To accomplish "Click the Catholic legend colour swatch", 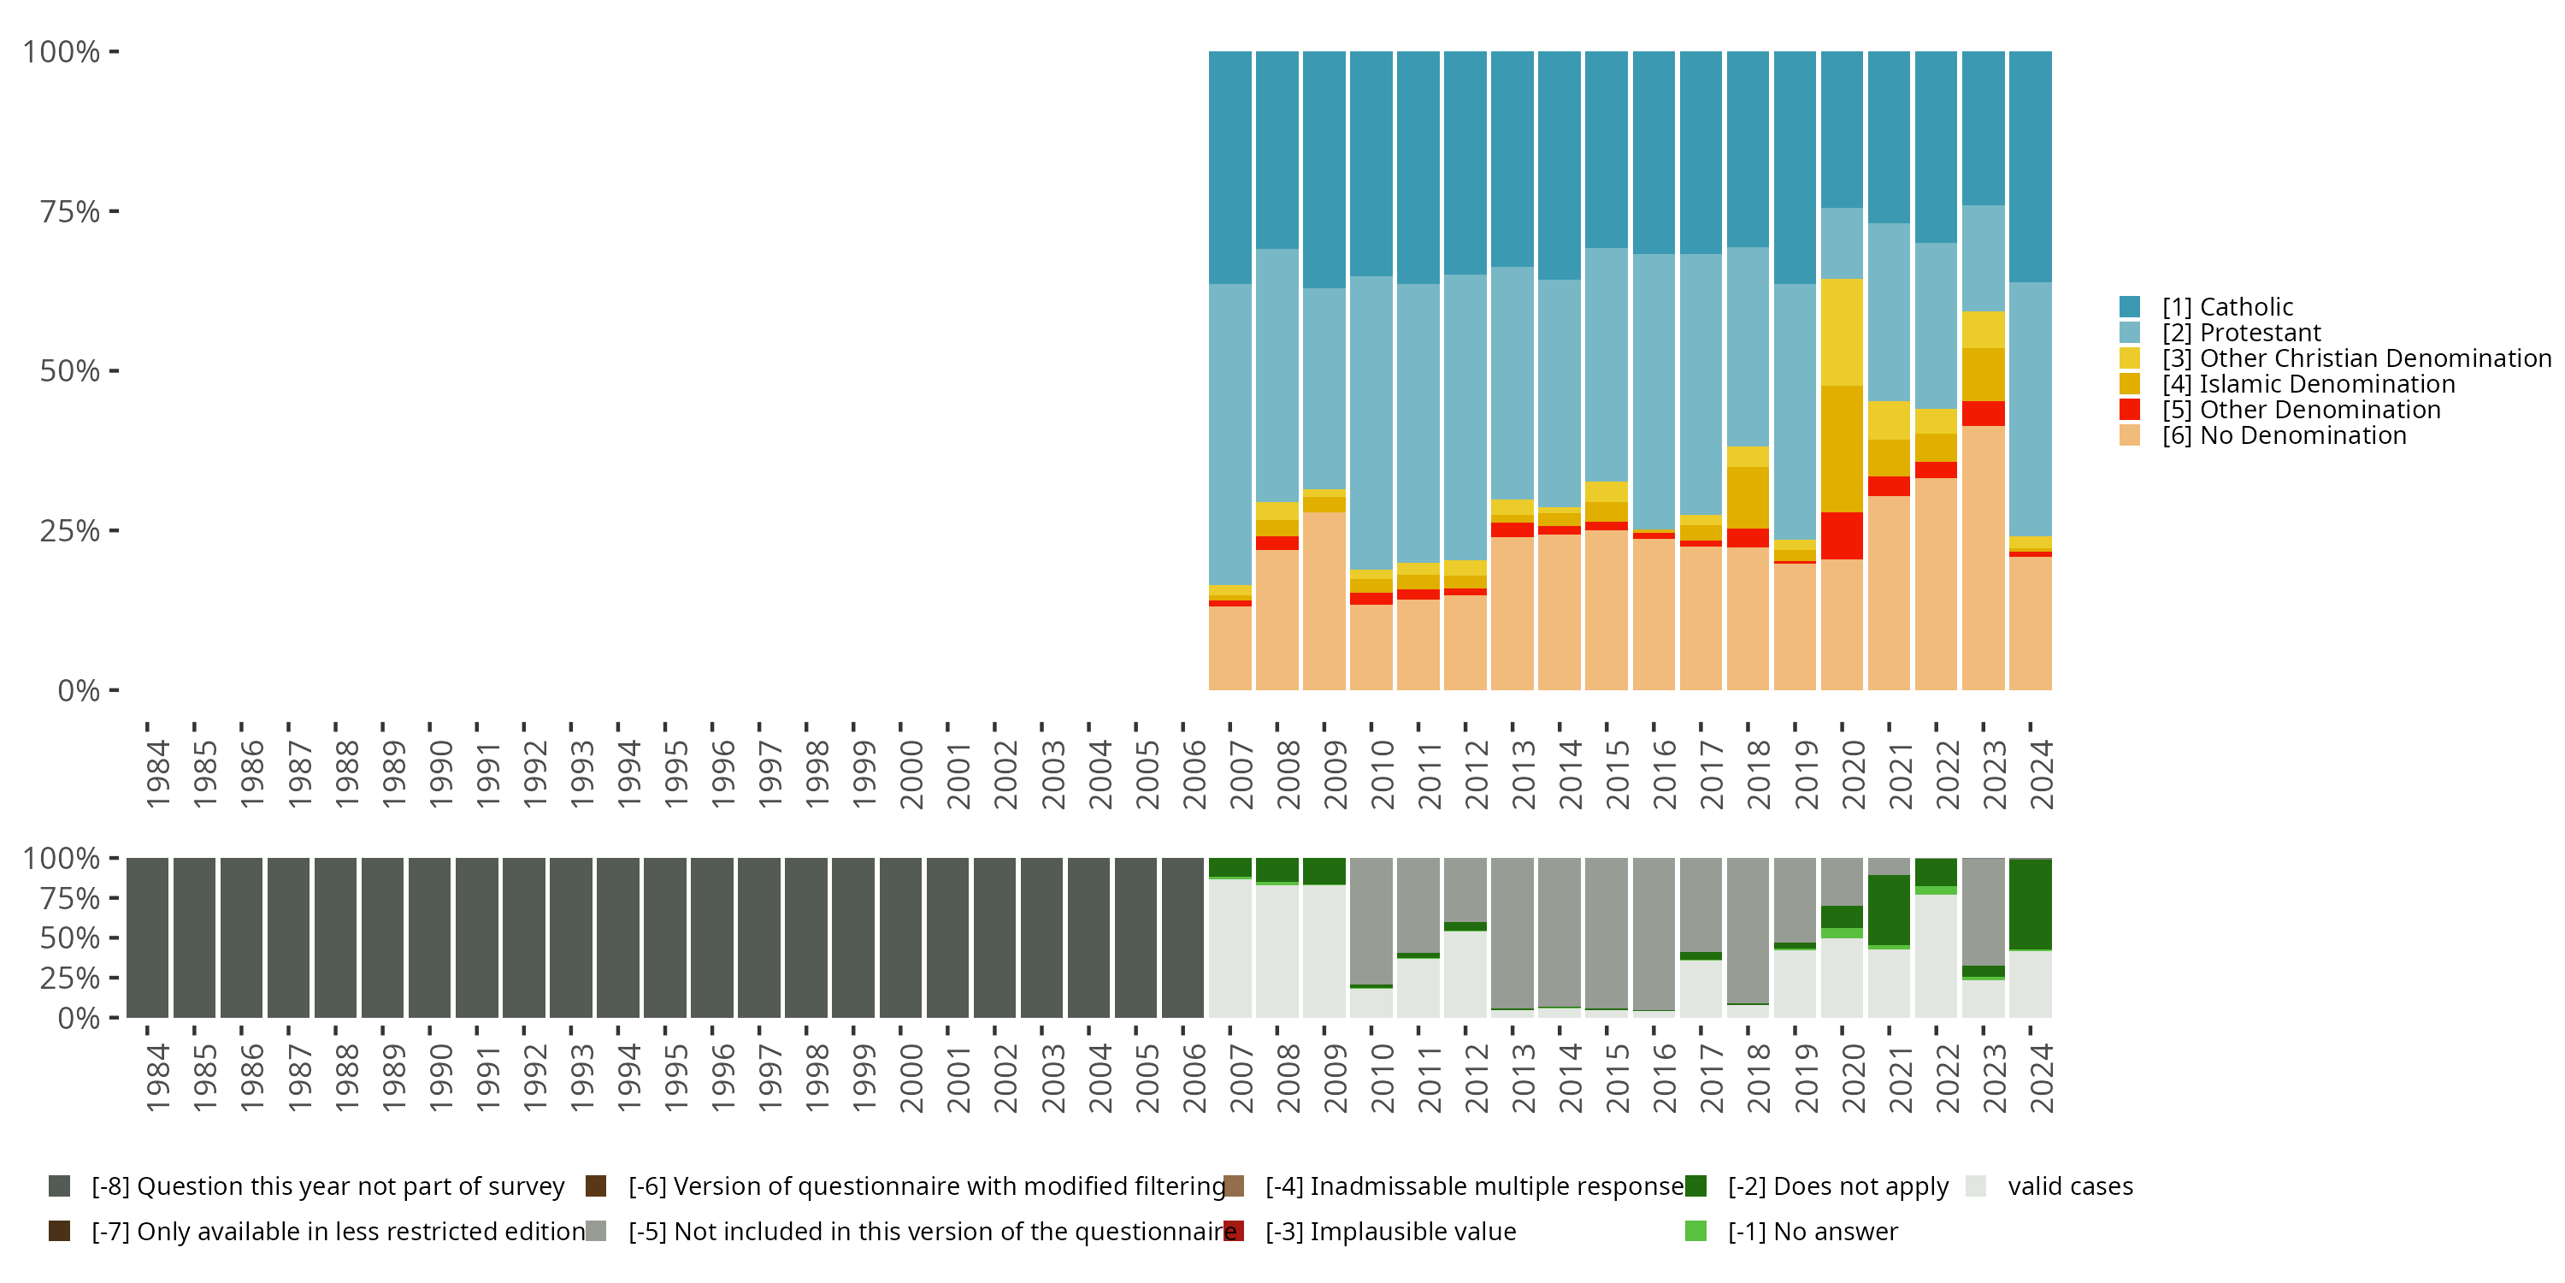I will (x=2130, y=307).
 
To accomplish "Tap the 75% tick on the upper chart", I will (x=70, y=212).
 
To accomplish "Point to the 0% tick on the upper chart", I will (x=78, y=690).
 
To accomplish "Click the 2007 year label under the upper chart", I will (x=1241, y=774).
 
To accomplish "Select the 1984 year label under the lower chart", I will (x=158, y=1078).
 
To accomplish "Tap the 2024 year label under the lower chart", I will (x=2041, y=1078).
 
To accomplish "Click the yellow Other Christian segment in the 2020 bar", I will (x=1843, y=332).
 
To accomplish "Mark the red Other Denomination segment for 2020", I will (x=1843, y=536).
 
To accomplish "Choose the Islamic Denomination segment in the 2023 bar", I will (x=1984, y=375).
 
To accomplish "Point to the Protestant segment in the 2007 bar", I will (x=1229, y=435).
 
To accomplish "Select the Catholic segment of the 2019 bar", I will (x=1795, y=168).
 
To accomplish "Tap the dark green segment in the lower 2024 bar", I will (x=2031, y=904).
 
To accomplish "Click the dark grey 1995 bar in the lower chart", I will (x=665, y=937).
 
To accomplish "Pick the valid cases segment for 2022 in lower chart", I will (x=1937, y=955).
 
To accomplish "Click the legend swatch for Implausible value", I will (x=1234, y=1231).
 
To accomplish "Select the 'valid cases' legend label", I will (x=2070, y=1186).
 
